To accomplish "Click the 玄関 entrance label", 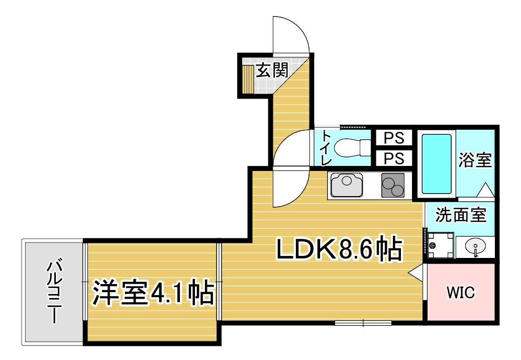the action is [x=271, y=70].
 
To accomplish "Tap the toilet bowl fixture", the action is [x=352, y=147].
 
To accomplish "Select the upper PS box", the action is [x=394, y=138].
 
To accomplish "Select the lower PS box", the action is [x=394, y=158].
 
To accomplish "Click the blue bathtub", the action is [x=437, y=163].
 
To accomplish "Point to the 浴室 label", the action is [x=475, y=160].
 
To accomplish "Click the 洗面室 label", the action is [x=461, y=215].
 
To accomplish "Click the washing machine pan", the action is [x=441, y=245].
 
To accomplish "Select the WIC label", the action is [x=461, y=293].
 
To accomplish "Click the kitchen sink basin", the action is [x=347, y=185].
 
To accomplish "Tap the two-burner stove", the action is [x=393, y=185].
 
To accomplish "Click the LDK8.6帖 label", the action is [x=339, y=249].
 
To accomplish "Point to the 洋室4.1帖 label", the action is [x=153, y=293].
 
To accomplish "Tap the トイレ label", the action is [x=326, y=148].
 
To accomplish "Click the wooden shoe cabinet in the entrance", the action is [x=248, y=79].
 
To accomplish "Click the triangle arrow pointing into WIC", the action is [x=415, y=273].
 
